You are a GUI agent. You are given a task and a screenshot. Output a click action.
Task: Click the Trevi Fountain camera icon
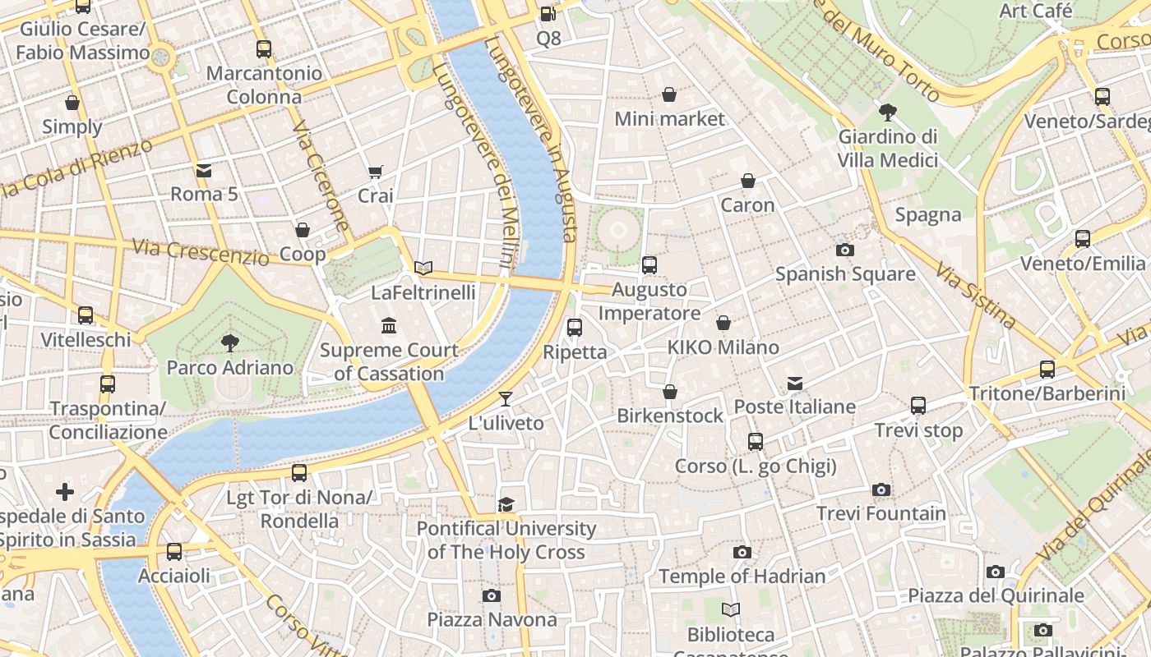881,490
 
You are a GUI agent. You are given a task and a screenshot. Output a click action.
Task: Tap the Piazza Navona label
492,619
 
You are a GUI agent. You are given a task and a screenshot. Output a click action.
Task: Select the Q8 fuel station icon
548,13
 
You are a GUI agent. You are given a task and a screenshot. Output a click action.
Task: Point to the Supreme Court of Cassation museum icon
389,326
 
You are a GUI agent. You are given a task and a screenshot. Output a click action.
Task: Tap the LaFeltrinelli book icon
423,268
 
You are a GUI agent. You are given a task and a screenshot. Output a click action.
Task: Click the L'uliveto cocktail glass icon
506,399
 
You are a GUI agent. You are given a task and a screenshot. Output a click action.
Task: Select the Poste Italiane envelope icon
794,383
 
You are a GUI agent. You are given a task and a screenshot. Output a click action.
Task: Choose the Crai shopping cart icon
376,172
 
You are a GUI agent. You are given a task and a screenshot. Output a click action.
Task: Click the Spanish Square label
845,273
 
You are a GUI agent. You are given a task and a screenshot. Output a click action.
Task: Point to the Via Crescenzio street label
201,251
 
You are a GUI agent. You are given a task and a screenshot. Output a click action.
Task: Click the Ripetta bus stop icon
575,328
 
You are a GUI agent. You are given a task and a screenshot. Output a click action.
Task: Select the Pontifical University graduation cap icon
506,504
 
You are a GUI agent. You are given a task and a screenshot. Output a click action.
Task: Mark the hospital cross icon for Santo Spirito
65,492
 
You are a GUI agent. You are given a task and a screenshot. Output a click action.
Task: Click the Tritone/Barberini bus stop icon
1047,370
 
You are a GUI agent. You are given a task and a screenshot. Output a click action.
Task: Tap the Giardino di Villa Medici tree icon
887,113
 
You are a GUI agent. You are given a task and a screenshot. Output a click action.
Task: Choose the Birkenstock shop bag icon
670,392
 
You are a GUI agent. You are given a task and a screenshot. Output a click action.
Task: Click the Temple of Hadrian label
742,577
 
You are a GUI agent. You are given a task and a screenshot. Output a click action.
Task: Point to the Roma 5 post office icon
204,171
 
